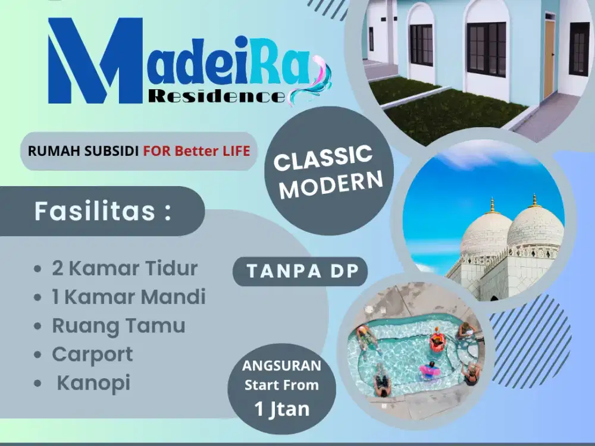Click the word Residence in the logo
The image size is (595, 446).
tap(217, 95)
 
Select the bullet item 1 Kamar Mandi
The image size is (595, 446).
tap(129, 297)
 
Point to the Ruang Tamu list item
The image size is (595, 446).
tap(118, 325)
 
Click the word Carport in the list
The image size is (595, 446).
tap(92, 354)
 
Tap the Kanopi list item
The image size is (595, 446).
tap(93, 382)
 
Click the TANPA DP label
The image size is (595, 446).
tap(303, 271)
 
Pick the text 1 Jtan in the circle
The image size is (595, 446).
tap(281, 409)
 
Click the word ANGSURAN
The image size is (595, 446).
tap(281, 365)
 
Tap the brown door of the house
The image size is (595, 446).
tap(549, 59)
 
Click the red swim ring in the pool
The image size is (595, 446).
tap(437, 342)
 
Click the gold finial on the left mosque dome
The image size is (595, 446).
tap(492, 205)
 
